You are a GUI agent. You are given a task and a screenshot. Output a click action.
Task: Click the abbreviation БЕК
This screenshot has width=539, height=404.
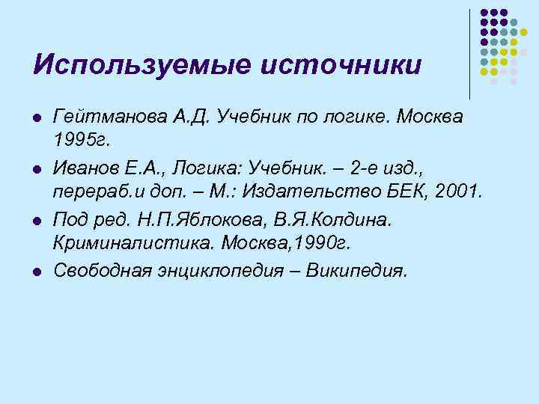pyautogui.click(x=408, y=192)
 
